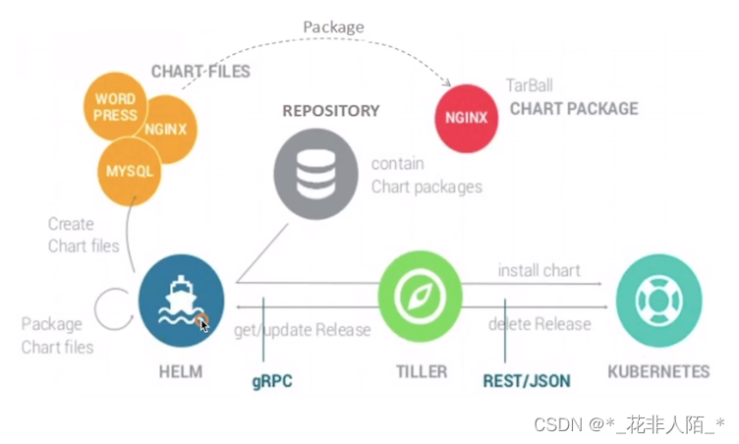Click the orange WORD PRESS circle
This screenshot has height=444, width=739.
pos(116,107)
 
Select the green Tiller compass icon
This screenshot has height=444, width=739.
pos(421,293)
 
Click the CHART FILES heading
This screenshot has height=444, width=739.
pos(200,72)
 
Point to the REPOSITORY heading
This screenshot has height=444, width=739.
pos(330,111)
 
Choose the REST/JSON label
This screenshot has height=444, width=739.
pos(526,379)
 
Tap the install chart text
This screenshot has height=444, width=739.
pos(539,269)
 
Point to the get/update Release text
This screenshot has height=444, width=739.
pos(302,330)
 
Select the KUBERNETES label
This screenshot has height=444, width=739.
pos(657,371)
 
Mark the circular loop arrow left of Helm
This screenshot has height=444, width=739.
pos(113,308)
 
